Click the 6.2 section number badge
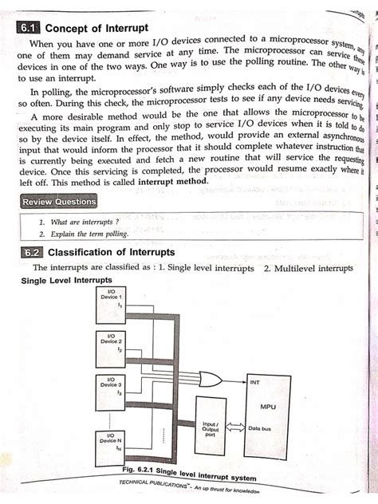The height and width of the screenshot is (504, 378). click(33, 253)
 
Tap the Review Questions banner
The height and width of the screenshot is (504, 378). click(60, 202)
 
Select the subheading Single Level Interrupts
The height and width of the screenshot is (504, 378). click(66, 281)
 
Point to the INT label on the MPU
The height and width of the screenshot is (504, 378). click(255, 382)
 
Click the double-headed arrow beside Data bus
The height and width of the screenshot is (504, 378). click(236, 429)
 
